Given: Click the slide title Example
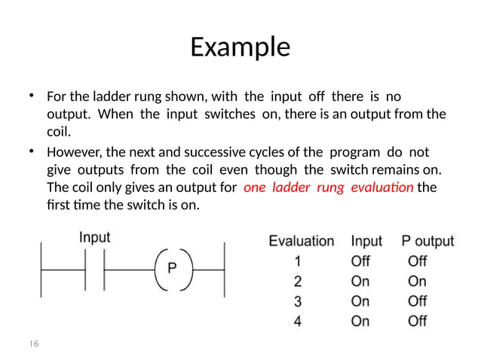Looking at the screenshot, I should [x=240, y=47].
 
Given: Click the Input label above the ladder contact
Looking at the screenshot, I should [x=95, y=237].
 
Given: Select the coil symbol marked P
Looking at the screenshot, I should [x=172, y=267].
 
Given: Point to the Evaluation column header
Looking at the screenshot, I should [x=302, y=242].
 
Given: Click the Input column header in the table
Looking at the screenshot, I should [x=366, y=242].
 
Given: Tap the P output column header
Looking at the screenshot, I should [x=427, y=242].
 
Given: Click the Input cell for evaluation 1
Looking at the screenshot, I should [x=360, y=261].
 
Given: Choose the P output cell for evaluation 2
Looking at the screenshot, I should [x=417, y=282].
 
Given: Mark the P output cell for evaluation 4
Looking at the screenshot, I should [x=417, y=321].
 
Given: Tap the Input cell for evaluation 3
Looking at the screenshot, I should [x=360, y=301].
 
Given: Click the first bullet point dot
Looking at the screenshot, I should [x=32, y=96].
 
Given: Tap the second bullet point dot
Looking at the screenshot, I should [x=32, y=151].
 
